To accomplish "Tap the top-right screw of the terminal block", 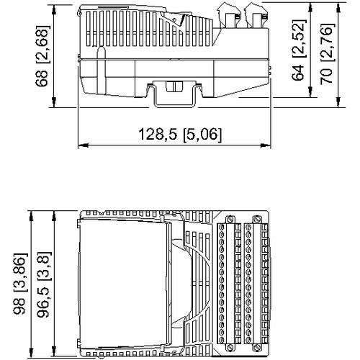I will click(x=256, y=220).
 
